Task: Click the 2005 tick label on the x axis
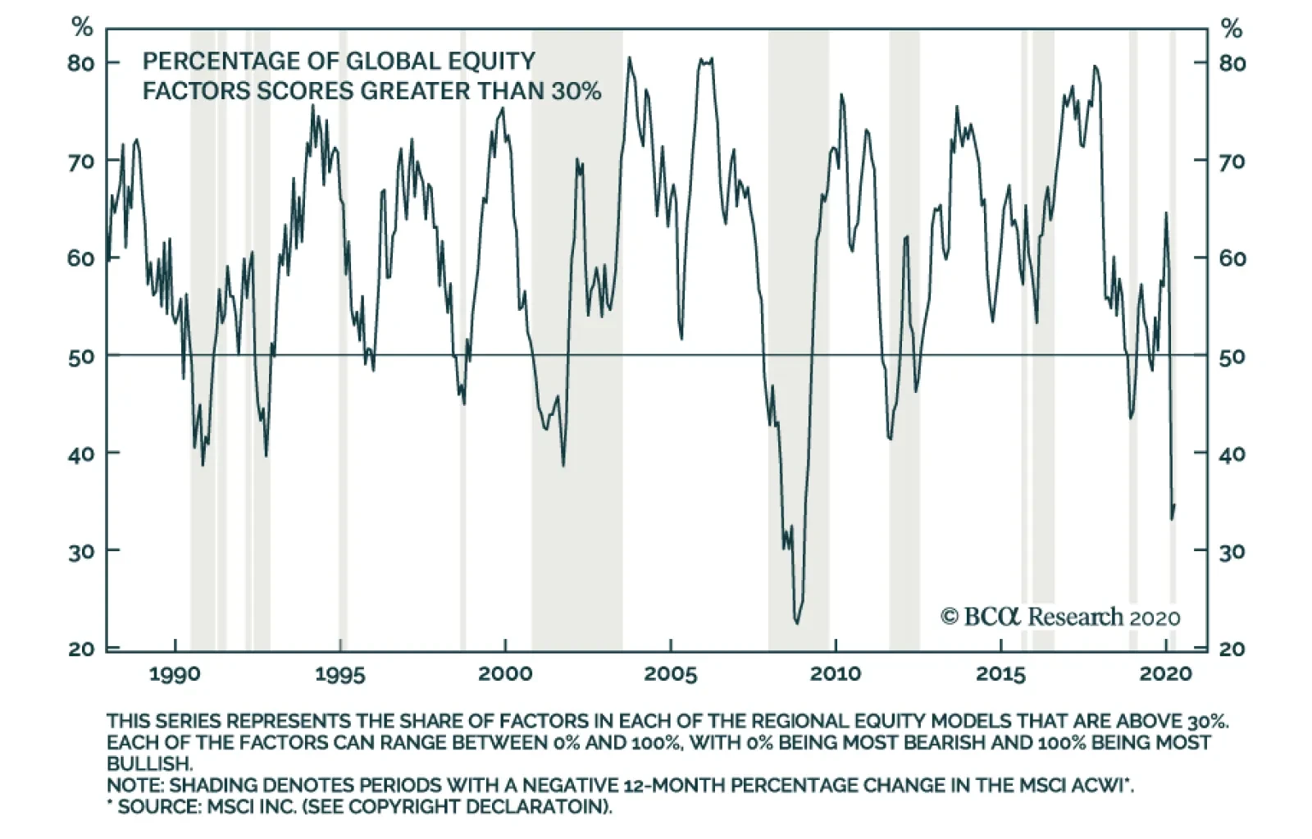[670, 674]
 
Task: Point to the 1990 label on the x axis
[175, 674]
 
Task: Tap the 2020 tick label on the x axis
[1165, 674]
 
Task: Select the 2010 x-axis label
[835, 674]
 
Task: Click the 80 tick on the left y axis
[80, 63]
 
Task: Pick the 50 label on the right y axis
[1232, 357]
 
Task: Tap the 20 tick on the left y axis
[80, 649]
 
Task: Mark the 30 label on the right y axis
[1232, 551]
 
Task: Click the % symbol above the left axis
[82, 28]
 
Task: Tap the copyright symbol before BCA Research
[950, 617]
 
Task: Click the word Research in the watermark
[1075, 617]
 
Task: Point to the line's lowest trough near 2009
[796, 623]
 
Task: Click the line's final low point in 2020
[1172, 519]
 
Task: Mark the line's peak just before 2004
[629, 57]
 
